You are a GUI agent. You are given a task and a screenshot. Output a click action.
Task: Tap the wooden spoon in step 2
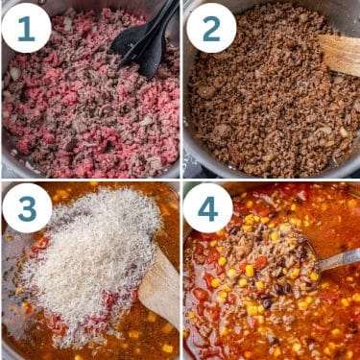342,54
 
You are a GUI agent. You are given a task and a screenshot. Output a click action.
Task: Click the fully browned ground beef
269,106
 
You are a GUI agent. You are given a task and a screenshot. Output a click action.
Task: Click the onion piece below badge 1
15,73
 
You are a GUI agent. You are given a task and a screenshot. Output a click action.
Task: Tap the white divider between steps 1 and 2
180,86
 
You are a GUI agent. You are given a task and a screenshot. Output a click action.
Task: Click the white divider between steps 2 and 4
271,180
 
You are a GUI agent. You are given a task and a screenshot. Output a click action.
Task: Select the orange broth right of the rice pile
169,230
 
